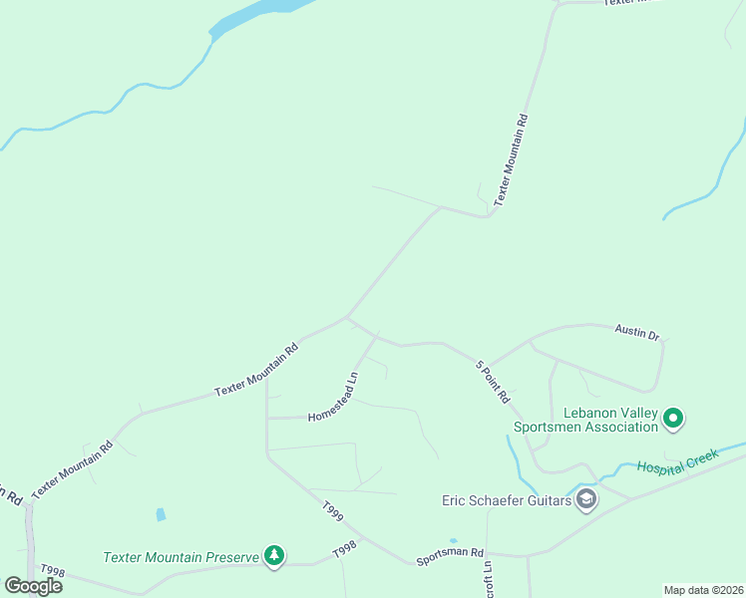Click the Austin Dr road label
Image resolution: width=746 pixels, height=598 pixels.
tap(637, 332)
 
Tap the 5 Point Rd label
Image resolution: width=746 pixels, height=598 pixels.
tap(493, 381)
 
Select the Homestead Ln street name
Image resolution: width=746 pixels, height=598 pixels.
tap(333, 397)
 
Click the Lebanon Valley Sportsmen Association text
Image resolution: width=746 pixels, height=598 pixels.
tap(585, 420)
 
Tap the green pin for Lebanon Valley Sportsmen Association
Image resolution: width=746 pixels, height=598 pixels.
tap(673, 419)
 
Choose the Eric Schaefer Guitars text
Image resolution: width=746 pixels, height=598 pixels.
tap(507, 500)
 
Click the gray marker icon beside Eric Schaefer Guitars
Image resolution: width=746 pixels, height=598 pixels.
tap(586, 499)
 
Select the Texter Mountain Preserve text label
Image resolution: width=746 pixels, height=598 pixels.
tap(181, 556)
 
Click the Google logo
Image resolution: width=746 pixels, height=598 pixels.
tap(33, 586)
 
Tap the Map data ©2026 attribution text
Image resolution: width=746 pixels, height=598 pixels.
tap(703, 589)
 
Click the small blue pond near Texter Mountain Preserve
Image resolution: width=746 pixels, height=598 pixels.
tap(161, 515)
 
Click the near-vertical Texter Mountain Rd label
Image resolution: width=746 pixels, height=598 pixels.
tap(511, 159)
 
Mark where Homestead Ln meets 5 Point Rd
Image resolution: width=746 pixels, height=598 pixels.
tap(377, 335)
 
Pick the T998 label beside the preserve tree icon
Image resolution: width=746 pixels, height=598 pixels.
tap(344, 549)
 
